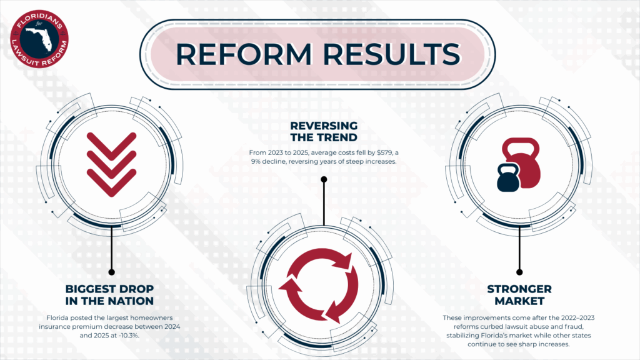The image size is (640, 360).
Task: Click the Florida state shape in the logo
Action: (40, 38)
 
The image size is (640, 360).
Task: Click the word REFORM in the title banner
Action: (244, 54)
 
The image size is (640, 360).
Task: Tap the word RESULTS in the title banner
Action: (392, 54)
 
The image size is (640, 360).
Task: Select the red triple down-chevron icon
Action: (111, 164)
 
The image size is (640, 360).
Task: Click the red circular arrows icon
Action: (318, 286)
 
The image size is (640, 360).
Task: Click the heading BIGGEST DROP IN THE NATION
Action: (109, 295)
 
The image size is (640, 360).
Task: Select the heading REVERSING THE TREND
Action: (324, 131)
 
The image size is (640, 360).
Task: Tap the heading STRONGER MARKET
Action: (519, 295)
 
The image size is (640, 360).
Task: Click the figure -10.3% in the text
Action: (127, 336)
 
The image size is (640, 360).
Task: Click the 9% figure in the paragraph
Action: (256, 161)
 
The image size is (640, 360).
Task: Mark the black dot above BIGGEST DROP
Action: (111, 272)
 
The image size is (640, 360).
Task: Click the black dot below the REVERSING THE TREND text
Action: (324, 179)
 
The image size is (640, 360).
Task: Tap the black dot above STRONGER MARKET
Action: (519, 272)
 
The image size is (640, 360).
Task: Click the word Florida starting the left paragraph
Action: (57, 317)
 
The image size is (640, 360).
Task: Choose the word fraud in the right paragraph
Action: (575, 326)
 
